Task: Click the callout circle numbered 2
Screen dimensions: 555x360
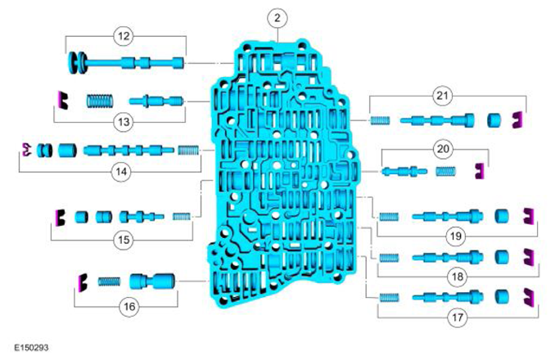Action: tap(277, 18)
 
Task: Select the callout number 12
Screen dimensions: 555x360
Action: tap(124, 36)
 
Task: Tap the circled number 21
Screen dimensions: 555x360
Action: tap(442, 96)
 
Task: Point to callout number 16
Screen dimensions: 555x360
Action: tap(129, 306)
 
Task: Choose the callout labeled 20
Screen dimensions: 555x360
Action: tap(443, 149)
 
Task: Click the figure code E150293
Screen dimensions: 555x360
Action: tap(31, 348)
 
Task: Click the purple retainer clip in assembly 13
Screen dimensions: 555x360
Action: tap(63, 100)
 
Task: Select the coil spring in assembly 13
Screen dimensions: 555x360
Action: tap(100, 101)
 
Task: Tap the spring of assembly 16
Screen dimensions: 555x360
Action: tap(109, 281)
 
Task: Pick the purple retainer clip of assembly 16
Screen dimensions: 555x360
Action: tap(83, 282)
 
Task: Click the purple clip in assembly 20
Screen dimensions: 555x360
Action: tap(479, 171)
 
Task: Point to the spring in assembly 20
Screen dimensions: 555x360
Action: tap(445, 172)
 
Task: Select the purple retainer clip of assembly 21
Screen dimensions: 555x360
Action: tap(518, 119)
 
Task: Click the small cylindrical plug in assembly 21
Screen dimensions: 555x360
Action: tap(494, 120)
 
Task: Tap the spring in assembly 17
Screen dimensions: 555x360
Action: tap(389, 297)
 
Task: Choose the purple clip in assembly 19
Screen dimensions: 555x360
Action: tap(529, 217)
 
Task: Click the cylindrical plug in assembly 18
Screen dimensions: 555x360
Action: tap(502, 257)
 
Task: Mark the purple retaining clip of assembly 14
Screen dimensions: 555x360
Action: tap(26, 150)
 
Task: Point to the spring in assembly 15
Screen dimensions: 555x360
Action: tap(182, 216)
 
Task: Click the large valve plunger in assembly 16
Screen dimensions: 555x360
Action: tap(152, 281)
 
